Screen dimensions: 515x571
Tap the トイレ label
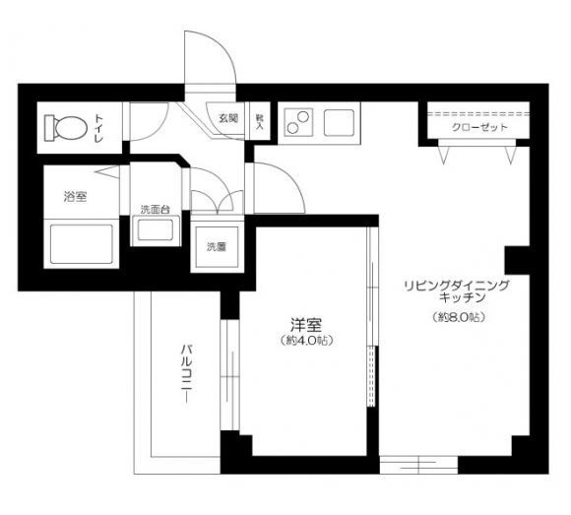click(x=100, y=127)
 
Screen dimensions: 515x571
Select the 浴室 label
click(x=75, y=197)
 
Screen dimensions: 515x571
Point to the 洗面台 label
click(x=156, y=209)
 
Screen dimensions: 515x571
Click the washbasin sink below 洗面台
click(x=156, y=233)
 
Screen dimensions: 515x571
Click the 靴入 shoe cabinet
click(x=260, y=120)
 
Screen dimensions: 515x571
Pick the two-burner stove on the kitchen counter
click(x=297, y=123)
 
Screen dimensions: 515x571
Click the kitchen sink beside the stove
click(x=342, y=123)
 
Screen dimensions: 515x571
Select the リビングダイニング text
click(x=454, y=285)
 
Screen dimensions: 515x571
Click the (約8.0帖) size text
click(x=460, y=317)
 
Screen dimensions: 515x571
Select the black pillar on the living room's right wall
click(x=517, y=261)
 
